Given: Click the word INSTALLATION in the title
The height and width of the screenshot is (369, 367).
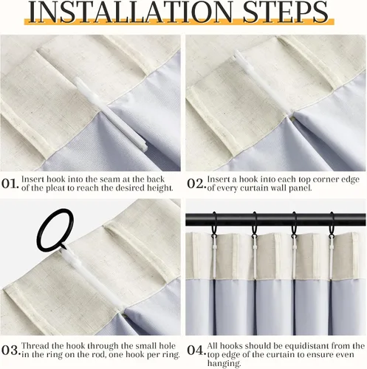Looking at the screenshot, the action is [130, 12].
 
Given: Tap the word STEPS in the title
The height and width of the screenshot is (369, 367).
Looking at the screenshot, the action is [285, 12].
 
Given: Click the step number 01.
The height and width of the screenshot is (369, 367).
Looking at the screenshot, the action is [10, 184].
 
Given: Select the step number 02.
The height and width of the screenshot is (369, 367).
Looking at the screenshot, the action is [196, 184].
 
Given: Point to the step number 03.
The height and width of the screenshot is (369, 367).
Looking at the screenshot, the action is [10, 350].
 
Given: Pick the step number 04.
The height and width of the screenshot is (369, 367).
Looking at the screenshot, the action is [196, 350].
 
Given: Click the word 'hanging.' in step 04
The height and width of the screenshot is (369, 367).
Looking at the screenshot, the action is [224, 364].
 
